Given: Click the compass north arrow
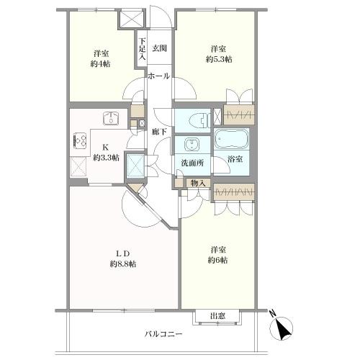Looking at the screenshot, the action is (282, 328).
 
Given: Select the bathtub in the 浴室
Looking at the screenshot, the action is (231, 139).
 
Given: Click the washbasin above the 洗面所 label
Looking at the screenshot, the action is (192, 145).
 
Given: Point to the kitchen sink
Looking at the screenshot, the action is (111, 118).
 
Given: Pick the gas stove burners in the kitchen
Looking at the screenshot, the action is (79, 140).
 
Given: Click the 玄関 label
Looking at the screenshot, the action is (159, 48).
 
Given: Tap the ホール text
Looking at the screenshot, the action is (158, 76).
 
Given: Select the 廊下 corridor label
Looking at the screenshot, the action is (159, 131).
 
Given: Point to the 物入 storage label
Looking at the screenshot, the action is (198, 183).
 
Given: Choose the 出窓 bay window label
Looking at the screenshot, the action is (217, 316).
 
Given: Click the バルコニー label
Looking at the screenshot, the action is (163, 334).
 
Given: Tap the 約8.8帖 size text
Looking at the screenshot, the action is (123, 264).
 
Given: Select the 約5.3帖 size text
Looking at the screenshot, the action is (219, 59).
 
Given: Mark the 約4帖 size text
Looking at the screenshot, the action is (101, 64).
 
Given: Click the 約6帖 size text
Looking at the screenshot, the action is (217, 260).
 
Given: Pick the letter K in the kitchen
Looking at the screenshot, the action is (105, 147).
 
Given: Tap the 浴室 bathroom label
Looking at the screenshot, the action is (235, 158).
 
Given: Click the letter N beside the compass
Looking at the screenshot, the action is (272, 313).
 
